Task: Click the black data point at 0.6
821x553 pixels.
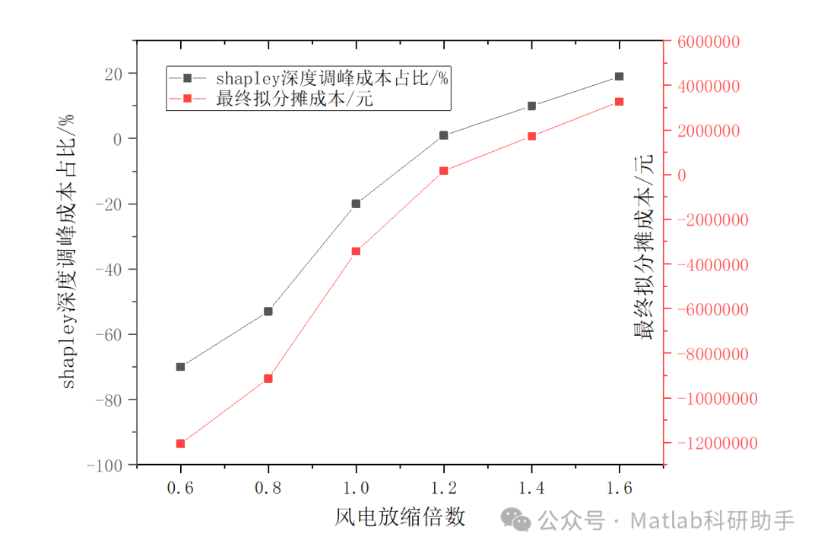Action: [180, 367]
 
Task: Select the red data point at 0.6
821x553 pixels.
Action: [180, 444]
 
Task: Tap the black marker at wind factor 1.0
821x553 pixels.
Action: [356, 204]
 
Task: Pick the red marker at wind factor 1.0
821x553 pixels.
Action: [356, 251]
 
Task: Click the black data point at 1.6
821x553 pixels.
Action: [619, 77]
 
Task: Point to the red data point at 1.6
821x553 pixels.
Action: [619, 102]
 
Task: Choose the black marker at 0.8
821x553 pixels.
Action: [268, 311]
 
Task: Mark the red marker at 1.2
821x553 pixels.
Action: [443, 171]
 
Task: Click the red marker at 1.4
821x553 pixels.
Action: [531, 137]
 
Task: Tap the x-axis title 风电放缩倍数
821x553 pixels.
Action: [399, 517]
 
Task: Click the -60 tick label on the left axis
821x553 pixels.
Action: [112, 334]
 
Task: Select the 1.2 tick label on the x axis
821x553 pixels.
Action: [443, 487]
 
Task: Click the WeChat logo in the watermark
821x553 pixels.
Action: [520, 520]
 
